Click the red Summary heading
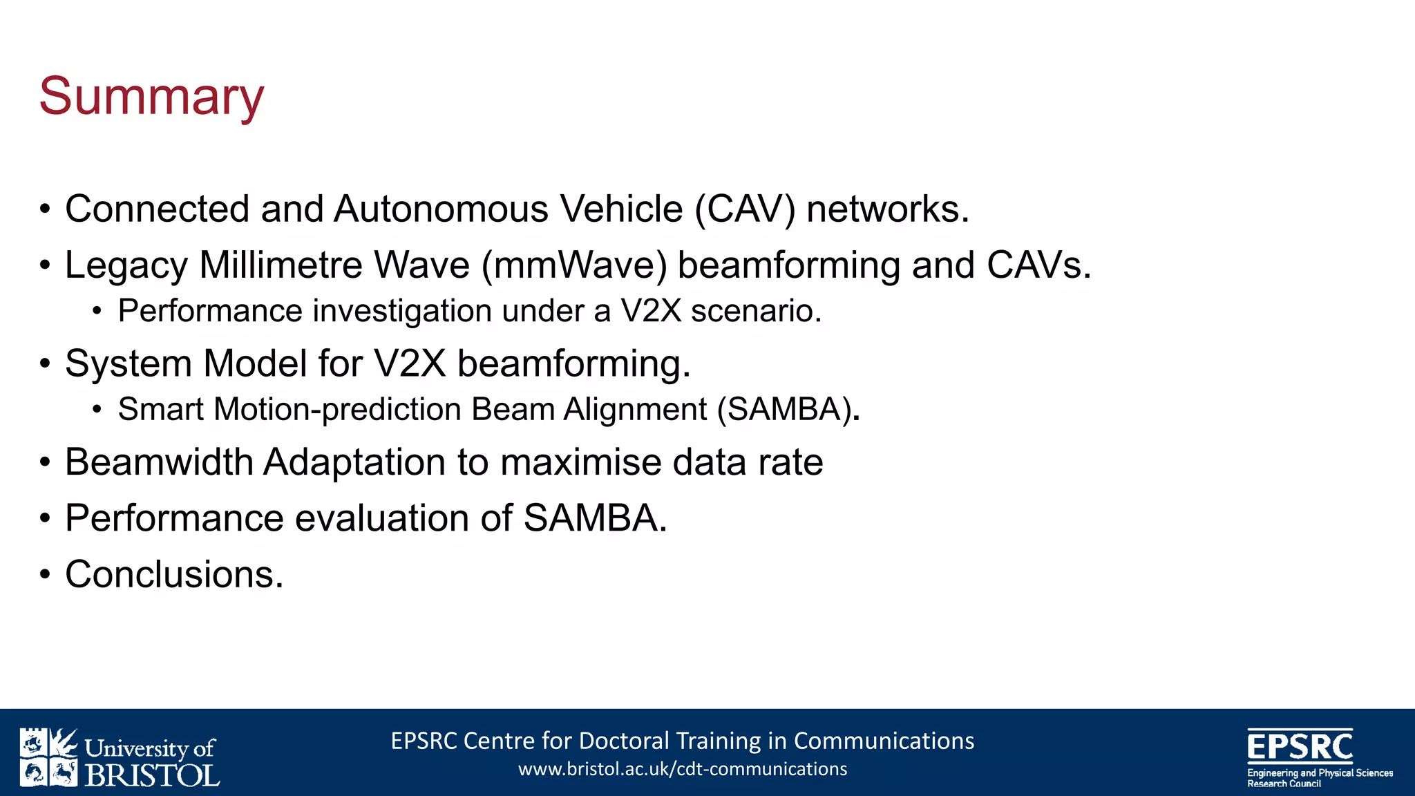point(151,97)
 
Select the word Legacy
point(126,266)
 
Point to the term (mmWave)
point(574,265)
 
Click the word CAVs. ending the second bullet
point(1038,265)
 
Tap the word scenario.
point(756,311)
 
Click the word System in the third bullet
point(128,364)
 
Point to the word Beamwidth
point(159,462)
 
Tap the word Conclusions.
point(174,574)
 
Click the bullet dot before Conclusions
point(45,574)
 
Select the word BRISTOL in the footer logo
point(152,775)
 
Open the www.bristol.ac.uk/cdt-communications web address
point(683,769)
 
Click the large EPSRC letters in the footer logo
point(1300,746)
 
